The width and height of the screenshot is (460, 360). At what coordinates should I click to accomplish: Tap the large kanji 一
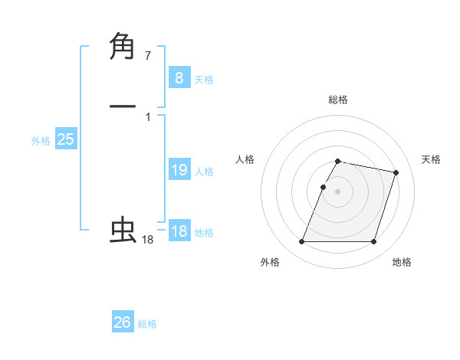(x=123, y=106)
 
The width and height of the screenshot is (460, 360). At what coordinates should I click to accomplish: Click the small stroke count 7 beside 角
(x=148, y=56)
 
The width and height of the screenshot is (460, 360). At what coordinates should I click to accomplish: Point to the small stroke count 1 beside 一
(x=148, y=117)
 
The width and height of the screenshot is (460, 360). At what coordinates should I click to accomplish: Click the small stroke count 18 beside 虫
(x=148, y=240)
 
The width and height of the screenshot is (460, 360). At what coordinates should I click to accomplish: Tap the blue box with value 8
(x=179, y=77)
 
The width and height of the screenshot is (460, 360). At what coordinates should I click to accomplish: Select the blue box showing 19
(x=179, y=170)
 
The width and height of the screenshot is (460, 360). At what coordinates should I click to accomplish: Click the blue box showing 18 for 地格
(x=179, y=231)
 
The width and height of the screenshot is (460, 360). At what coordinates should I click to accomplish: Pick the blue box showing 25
(x=65, y=139)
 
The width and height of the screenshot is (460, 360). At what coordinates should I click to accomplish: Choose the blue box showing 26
(x=123, y=322)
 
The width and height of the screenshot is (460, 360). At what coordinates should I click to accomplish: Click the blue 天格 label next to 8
(x=204, y=80)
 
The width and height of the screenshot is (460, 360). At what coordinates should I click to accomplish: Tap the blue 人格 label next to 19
(x=204, y=172)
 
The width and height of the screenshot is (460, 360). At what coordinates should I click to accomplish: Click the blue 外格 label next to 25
(x=41, y=142)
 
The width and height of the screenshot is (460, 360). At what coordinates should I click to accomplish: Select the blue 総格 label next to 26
(x=147, y=325)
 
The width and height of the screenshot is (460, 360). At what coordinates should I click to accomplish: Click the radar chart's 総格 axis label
(x=337, y=100)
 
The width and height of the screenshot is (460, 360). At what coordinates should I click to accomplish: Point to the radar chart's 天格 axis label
(x=431, y=159)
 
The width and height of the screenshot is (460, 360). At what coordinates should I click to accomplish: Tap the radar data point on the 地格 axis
(x=373, y=242)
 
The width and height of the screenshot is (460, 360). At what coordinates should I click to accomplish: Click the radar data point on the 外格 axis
(x=301, y=242)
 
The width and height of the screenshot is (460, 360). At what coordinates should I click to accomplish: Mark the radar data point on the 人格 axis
(x=323, y=187)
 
